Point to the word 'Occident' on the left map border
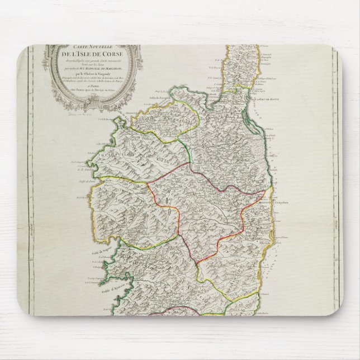click(29, 224)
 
